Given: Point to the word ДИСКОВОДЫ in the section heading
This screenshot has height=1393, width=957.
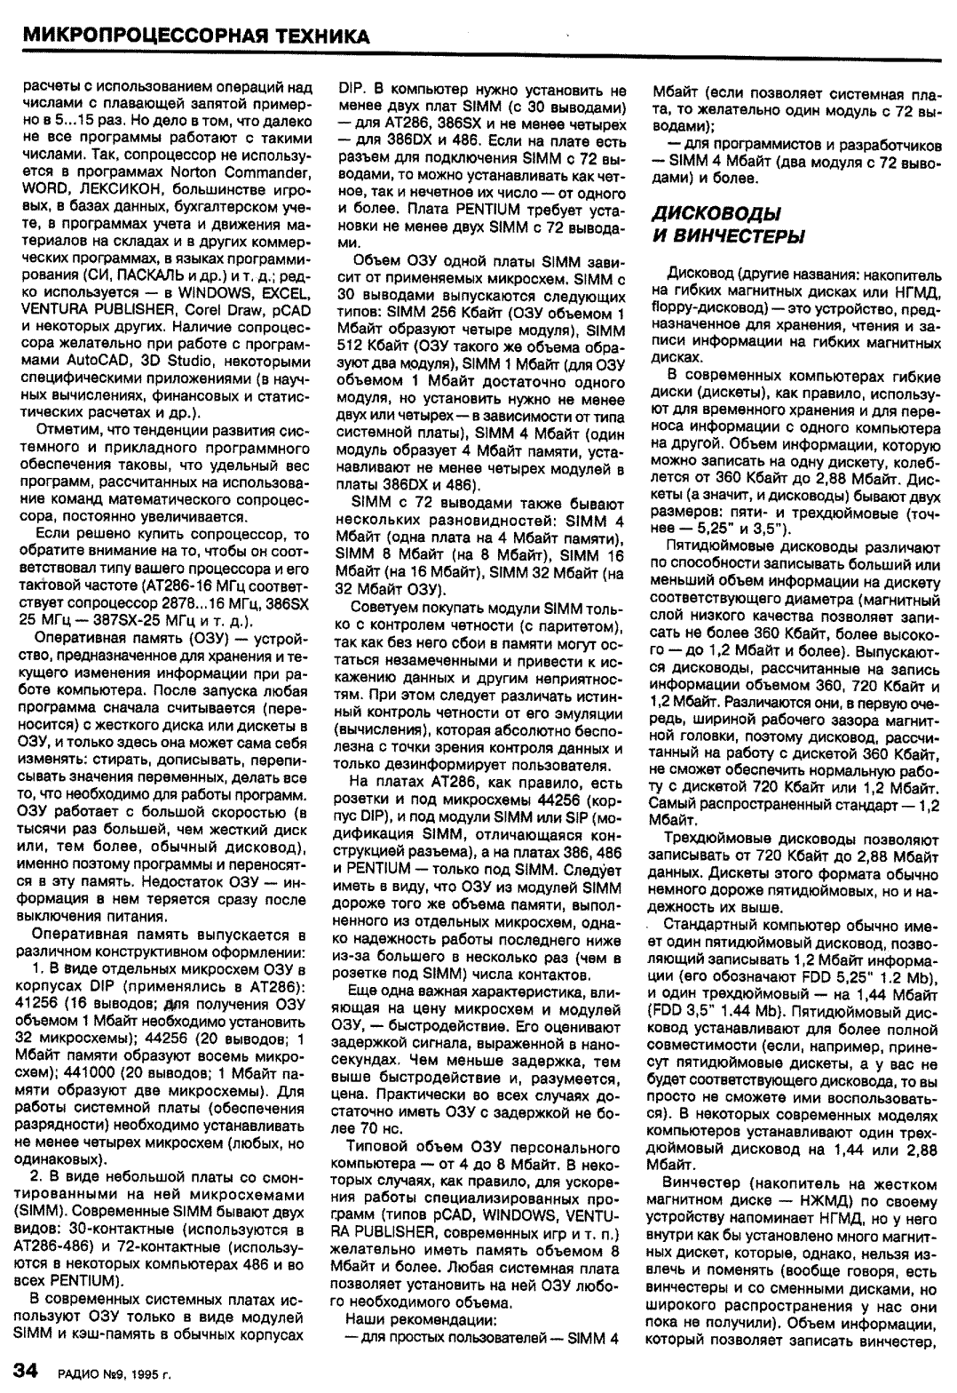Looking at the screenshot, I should (x=716, y=214).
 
